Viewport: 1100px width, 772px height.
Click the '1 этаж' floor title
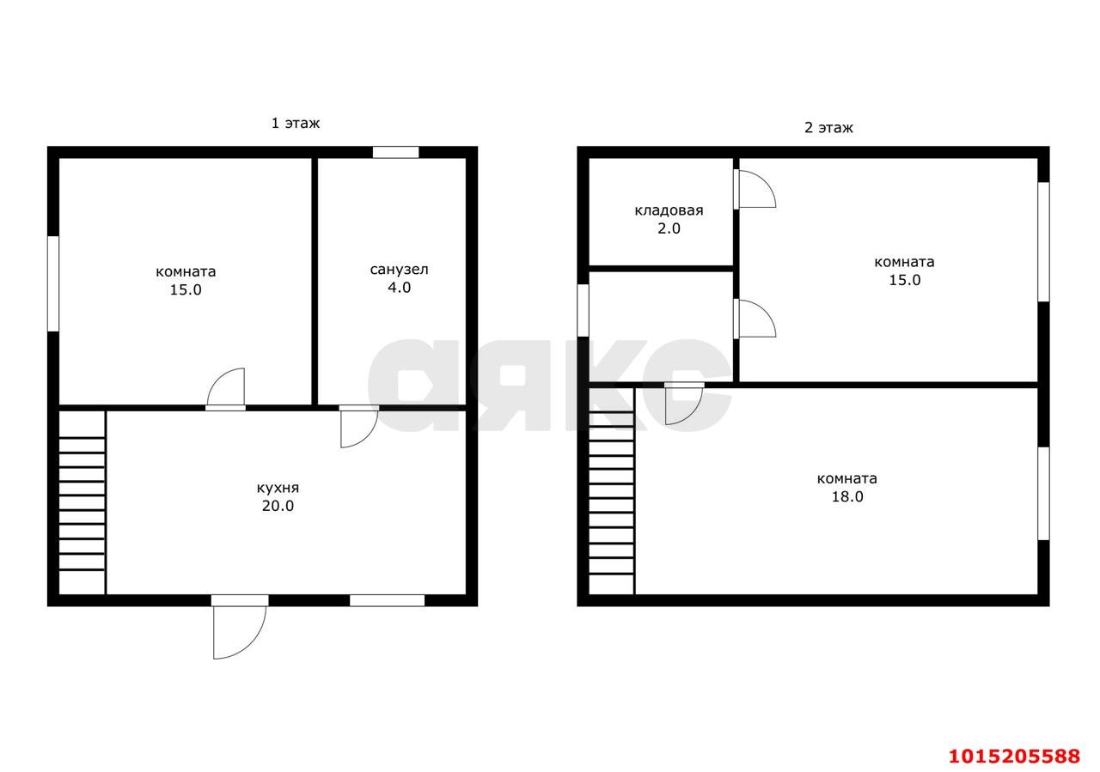(x=296, y=123)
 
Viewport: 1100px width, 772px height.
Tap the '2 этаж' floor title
(x=828, y=128)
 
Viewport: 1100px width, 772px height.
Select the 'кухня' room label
(x=278, y=488)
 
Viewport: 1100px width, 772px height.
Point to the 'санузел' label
(x=399, y=270)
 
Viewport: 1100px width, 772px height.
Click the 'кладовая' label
(x=669, y=211)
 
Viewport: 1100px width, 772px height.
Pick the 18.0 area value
(x=847, y=496)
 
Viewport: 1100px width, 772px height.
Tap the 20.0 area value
(x=278, y=506)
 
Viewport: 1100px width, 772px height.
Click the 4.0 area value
(x=400, y=287)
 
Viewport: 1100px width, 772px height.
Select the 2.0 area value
(x=669, y=228)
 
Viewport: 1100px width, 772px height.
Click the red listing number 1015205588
(x=1015, y=756)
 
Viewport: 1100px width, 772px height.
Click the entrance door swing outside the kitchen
(x=240, y=631)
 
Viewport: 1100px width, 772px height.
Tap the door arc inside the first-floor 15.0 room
(x=225, y=387)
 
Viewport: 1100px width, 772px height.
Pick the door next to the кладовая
(x=757, y=189)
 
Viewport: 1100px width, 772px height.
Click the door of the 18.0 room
(x=685, y=406)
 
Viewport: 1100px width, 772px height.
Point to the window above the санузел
(x=396, y=152)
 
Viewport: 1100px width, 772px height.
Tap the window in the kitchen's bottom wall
(x=387, y=600)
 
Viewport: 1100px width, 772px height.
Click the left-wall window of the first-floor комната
(x=53, y=283)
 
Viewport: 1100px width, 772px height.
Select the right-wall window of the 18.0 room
(x=1043, y=493)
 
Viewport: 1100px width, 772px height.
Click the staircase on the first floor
(x=82, y=502)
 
